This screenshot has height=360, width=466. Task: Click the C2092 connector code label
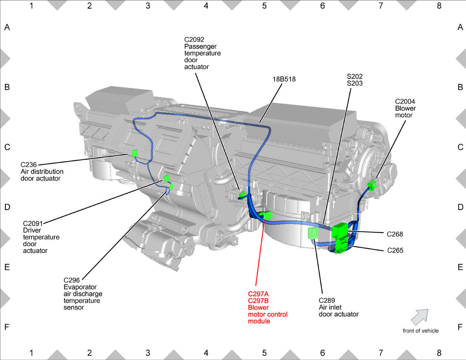pyautogui.click(x=194, y=40)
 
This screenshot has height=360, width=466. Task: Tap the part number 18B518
pyautogui.click(x=284, y=79)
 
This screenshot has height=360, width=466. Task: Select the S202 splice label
pyautogui.click(x=355, y=77)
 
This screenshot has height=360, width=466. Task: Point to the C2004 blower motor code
pyautogui.click(x=405, y=101)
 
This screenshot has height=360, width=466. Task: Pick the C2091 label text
pyautogui.click(x=33, y=224)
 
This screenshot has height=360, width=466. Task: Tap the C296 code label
pyautogui.click(x=71, y=280)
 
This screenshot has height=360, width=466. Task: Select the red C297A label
pyautogui.click(x=258, y=294)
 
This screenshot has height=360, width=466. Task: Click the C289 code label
pyautogui.click(x=327, y=301)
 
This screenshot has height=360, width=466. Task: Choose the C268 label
pyautogui.click(x=395, y=234)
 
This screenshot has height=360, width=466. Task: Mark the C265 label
pyautogui.click(x=395, y=250)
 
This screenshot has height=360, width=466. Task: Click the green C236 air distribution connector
pyautogui.click(x=135, y=153)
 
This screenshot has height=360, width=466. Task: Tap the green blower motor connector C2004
pyautogui.click(x=372, y=184)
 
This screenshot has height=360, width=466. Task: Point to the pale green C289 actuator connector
pyautogui.click(x=313, y=233)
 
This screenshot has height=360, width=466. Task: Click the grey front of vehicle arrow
pyautogui.click(x=420, y=317)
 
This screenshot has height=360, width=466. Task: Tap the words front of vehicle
pyautogui.click(x=421, y=331)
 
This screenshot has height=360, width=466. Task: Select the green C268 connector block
pyautogui.click(x=340, y=230)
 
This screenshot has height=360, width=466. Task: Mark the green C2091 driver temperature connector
pyautogui.click(x=167, y=178)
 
